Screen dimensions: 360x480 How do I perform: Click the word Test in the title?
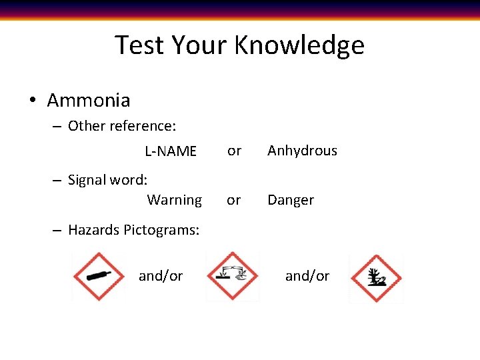pyautogui.click(x=139, y=45)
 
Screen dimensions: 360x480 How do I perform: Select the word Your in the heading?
pyautogui.click(x=200, y=45)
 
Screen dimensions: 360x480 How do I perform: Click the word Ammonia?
pyautogui.click(x=89, y=101)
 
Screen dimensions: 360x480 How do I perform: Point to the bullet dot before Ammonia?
pyautogui.click(x=32, y=101)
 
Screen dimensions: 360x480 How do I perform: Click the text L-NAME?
pyautogui.click(x=171, y=151)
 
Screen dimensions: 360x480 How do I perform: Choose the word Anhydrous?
pyautogui.click(x=302, y=151)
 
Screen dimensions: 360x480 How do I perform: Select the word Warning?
pyautogui.click(x=174, y=200)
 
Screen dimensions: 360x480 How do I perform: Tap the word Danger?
pyautogui.click(x=291, y=200)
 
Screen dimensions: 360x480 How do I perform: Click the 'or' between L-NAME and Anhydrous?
pyautogui.click(x=234, y=151)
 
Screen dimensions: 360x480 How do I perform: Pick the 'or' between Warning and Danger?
pyautogui.click(x=233, y=200)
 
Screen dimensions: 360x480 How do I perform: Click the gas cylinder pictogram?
pyautogui.click(x=99, y=276)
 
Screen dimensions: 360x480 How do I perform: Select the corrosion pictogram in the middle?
pyautogui.click(x=232, y=276)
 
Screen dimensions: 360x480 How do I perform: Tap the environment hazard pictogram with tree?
pyautogui.click(x=375, y=278)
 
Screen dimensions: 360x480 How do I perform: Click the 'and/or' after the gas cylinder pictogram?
pyautogui.click(x=161, y=276)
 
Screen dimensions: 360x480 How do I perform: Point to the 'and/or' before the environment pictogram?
pyautogui.click(x=307, y=276)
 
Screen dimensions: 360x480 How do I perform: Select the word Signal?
pyautogui.click(x=89, y=180)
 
